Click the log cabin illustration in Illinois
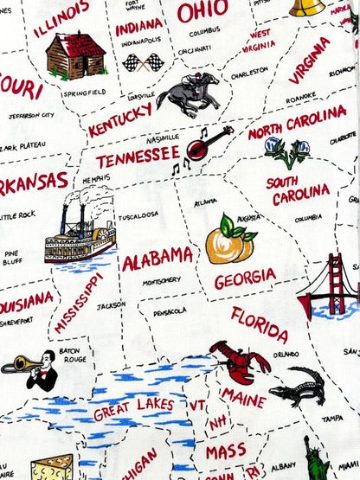(74, 55)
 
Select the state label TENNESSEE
(138, 157)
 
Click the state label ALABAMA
(157, 258)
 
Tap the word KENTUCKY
(120, 118)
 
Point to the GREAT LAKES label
(133, 407)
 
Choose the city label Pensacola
(170, 311)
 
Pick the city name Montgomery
(162, 280)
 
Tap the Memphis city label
(96, 179)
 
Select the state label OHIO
(202, 11)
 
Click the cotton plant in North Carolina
(287, 151)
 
